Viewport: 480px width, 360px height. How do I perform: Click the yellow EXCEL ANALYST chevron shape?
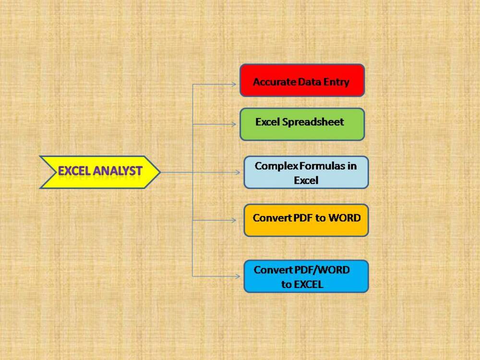pyautogui.click(x=100, y=172)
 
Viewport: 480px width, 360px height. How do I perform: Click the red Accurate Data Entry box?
pyautogui.click(x=302, y=80)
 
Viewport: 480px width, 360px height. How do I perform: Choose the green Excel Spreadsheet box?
pyautogui.click(x=302, y=124)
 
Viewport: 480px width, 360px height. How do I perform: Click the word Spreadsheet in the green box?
pyautogui.click(x=313, y=122)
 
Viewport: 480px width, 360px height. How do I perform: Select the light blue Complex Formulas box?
pyautogui.click(x=306, y=172)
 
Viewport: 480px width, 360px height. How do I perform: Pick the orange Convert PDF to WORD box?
pyautogui.click(x=306, y=220)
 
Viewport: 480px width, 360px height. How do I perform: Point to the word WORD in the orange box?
pyautogui.click(x=344, y=218)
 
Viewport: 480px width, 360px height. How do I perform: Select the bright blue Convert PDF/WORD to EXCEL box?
pyautogui.click(x=306, y=276)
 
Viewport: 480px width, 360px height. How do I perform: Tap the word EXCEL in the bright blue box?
pyautogui.click(x=308, y=284)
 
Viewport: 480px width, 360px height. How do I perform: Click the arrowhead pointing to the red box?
pyautogui.click(x=234, y=84)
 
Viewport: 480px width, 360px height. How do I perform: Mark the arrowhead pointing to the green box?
pyautogui.click(x=234, y=124)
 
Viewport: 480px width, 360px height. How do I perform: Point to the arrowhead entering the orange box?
pyautogui.click(x=234, y=220)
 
